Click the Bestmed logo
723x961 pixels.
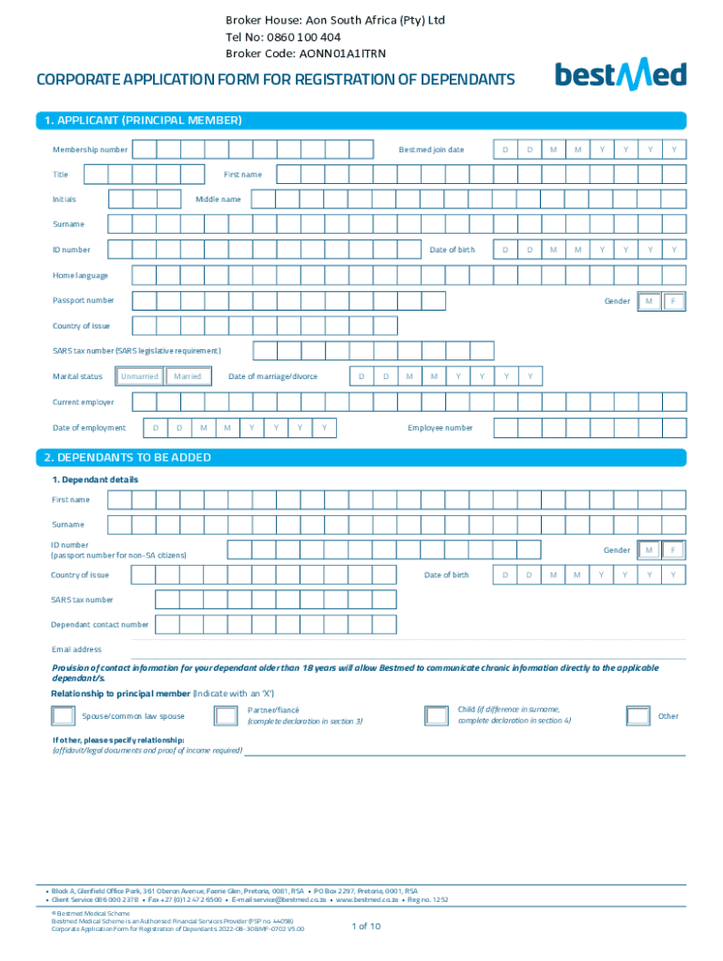coord(620,75)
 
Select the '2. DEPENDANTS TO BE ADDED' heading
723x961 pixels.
coord(127,457)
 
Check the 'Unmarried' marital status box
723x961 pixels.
coord(139,376)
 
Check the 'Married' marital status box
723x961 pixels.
coord(188,376)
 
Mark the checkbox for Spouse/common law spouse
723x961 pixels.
coord(64,716)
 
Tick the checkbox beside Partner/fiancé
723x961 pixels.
coord(225,716)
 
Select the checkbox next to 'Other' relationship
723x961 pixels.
coord(638,716)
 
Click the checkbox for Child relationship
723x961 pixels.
coord(437,716)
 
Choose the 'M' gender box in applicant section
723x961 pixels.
coord(649,301)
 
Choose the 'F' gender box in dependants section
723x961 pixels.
coord(673,550)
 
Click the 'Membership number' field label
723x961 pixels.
coord(90,150)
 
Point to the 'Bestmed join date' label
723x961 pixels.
coord(431,150)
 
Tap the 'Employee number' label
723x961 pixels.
coord(440,428)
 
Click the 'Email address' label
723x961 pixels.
coord(76,649)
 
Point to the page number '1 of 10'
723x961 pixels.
coord(365,926)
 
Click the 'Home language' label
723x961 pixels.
coord(80,275)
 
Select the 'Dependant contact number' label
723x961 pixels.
coord(100,624)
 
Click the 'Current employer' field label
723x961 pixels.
coord(83,403)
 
